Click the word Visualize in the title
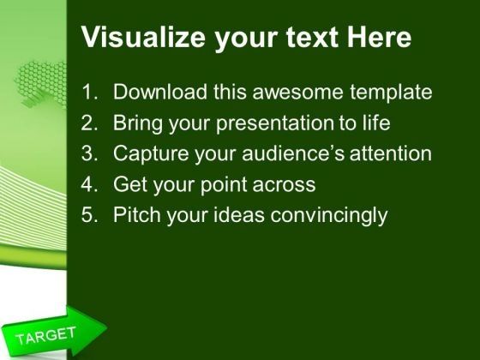143,37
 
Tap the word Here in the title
379,37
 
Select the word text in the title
312,38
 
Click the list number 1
89,92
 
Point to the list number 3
89,153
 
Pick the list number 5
89,214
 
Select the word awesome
297,92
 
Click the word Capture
151,154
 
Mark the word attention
391,153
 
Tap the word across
284,185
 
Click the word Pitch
137,214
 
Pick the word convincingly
329,216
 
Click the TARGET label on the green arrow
46,335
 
